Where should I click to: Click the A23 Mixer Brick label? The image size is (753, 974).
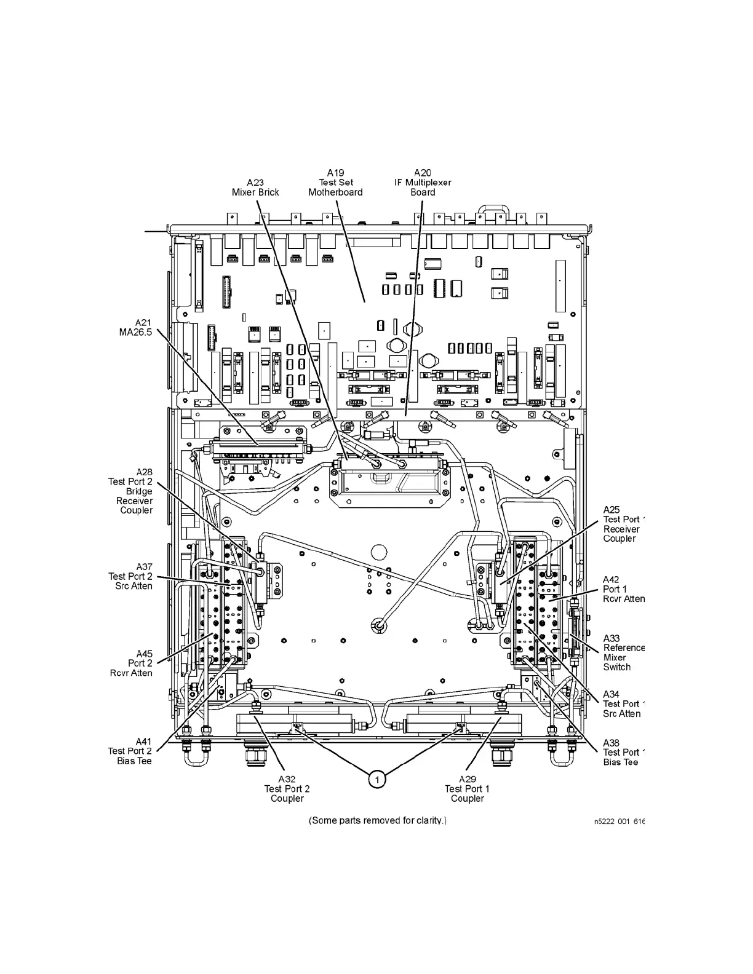[255, 187]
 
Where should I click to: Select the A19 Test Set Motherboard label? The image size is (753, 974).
[335, 183]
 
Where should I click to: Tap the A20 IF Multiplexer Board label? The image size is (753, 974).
[423, 183]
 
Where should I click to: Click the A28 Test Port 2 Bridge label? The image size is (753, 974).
[132, 491]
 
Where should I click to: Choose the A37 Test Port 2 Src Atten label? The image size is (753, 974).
[130, 576]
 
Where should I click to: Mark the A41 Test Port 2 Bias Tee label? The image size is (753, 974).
[130, 751]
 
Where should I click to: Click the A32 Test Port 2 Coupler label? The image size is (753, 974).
[287, 788]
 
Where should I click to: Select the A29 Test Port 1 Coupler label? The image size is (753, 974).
[467, 788]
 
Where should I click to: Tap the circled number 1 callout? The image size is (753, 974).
[376, 779]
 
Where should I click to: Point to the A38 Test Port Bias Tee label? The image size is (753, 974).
[621, 752]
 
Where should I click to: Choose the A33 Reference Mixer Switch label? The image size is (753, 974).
[623, 652]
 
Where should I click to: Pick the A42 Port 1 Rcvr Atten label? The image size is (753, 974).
[623, 589]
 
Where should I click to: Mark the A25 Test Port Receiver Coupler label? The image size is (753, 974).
[621, 524]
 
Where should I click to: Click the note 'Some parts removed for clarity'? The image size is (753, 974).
[377, 820]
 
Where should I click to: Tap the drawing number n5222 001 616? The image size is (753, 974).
[619, 821]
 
